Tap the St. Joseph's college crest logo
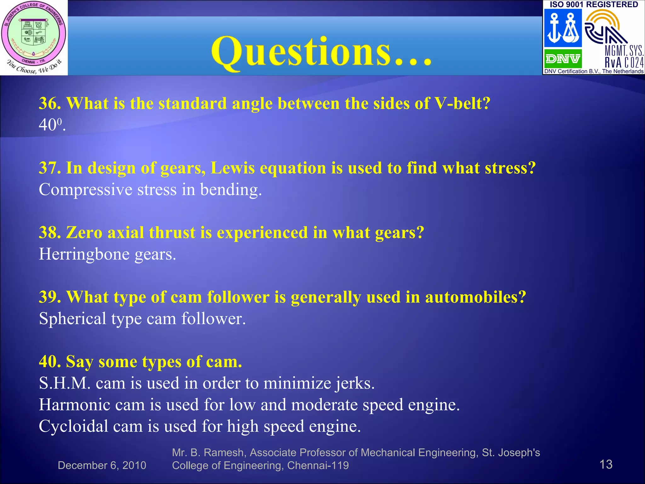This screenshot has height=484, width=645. (34, 37)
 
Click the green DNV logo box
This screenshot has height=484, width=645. (563, 59)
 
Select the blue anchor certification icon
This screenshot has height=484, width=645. (563, 28)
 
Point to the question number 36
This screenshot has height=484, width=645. (50, 103)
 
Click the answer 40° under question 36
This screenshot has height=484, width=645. (52, 125)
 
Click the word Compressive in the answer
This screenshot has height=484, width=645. (85, 190)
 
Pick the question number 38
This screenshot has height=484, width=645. (50, 233)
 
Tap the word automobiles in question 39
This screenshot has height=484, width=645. (475, 297)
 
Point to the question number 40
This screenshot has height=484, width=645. (50, 361)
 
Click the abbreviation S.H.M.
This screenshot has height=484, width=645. (65, 383)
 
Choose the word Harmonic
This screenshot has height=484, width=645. (74, 405)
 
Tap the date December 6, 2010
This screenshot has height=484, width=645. (102, 465)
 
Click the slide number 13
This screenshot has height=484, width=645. (606, 464)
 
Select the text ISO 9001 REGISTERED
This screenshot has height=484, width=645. (594, 4)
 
